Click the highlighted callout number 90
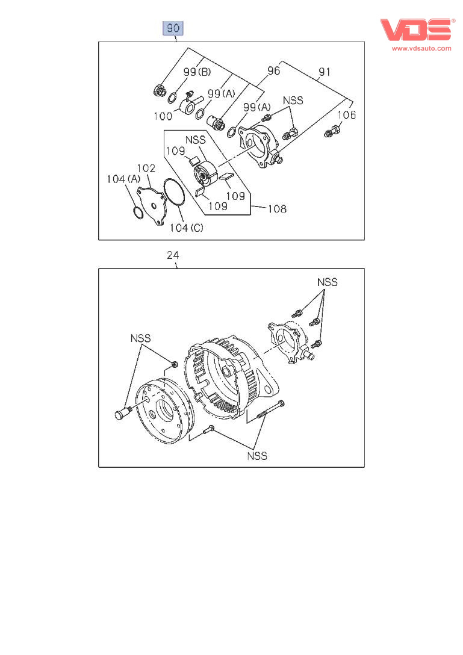tap(173, 28)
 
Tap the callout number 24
tap(173, 256)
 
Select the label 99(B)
tap(197, 72)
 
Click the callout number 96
tap(273, 71)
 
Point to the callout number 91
tap(324, 71)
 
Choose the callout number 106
tap(346, 114)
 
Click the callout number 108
tap(277, 210)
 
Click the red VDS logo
tap(415, 30)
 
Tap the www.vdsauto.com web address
tap(421, 49)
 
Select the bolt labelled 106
tap(333, 129)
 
